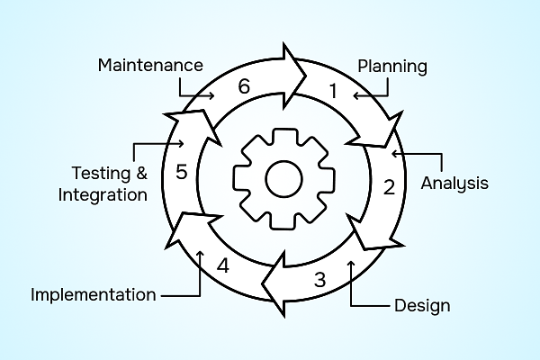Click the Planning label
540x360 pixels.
click(x=391, y=67)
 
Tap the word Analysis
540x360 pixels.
click(x=454, y=184)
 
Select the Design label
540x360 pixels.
click(x=422, y=305)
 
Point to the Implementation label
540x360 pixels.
click(x=93, y=294)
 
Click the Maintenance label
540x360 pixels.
click(x=149, y=66)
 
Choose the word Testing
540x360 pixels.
click(x=97, y=172)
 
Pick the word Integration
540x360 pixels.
click(x=102, y=193)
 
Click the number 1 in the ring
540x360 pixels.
click(x=332, y=91)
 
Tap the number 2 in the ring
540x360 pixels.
click(x=389, y=188)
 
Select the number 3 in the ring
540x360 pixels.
click(x=319, y=278)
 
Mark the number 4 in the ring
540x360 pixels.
click(x=223, y=266)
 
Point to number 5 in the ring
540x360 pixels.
click(x=181, y=172)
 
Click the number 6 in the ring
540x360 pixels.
click(x=243, y=87)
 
